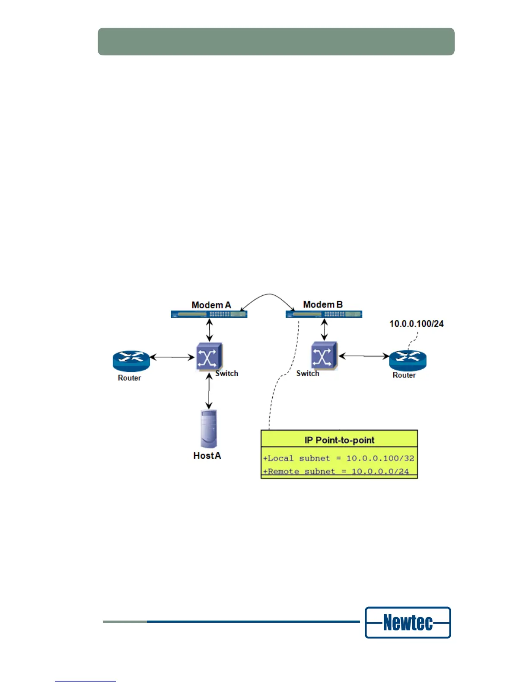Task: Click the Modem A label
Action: click(x=211, y=305)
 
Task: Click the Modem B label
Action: click(x=322, y=304)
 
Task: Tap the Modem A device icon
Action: click(x=209, y=314)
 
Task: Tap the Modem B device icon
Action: click(x=324, y=314)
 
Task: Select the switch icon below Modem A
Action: click(x=209, y=356)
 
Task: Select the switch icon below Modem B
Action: click(x=324, y=356)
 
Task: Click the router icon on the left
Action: click(x=131, y=361)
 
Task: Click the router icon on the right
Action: click(x=408, y=360)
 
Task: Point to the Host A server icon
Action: click(x=208, y=429)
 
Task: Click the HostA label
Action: click(x=207, y=455)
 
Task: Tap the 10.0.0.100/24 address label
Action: click(x=416, y=323)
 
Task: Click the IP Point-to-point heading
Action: click(x=339, y=440)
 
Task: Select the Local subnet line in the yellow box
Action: click(x=339, y=458)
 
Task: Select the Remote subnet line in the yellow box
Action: click(x=336, y=471)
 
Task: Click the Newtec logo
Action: click(x=408, y=623)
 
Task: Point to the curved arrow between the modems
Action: click(x=268, y=297)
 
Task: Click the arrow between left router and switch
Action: click(x=172, y=357)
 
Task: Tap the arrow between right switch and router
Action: click(x=363, y=356)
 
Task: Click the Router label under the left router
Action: click(x=129, y=378)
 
